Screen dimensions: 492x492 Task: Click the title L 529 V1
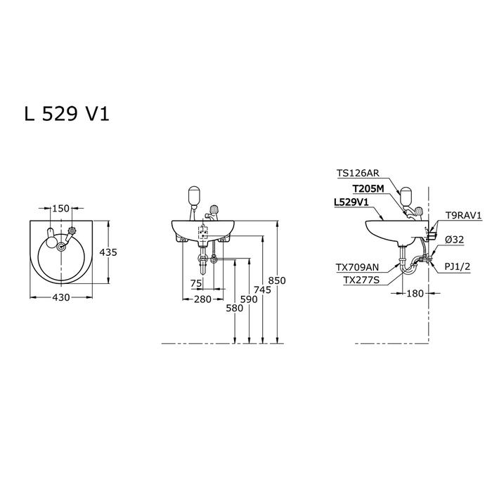pos(67,114)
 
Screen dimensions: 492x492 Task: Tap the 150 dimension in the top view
pos(61,208)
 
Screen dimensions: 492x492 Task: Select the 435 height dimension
pos(108,252)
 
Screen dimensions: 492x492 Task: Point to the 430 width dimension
pos(61,297)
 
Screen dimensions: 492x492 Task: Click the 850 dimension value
pos(277,280)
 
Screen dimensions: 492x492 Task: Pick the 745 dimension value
pos(262,290)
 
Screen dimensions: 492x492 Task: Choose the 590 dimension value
pos(249,299)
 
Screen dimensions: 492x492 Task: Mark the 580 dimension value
pos(235,308)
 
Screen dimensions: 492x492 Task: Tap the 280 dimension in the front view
pos(202,299)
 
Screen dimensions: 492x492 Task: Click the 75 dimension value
pos(196,284)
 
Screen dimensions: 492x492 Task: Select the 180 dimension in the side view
pos(415,293)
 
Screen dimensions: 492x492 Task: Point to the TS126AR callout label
pos(358,173)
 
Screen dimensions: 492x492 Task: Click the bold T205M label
pos(368,189)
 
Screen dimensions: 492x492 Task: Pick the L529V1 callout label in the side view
pos(351,202)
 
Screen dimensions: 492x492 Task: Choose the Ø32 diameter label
pos(454,240)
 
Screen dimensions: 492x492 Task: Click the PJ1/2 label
pos(458,266)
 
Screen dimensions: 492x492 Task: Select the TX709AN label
pos(357,267)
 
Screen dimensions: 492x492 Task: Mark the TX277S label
pos(361,280)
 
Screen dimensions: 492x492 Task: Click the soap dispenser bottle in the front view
pos(194,195)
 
